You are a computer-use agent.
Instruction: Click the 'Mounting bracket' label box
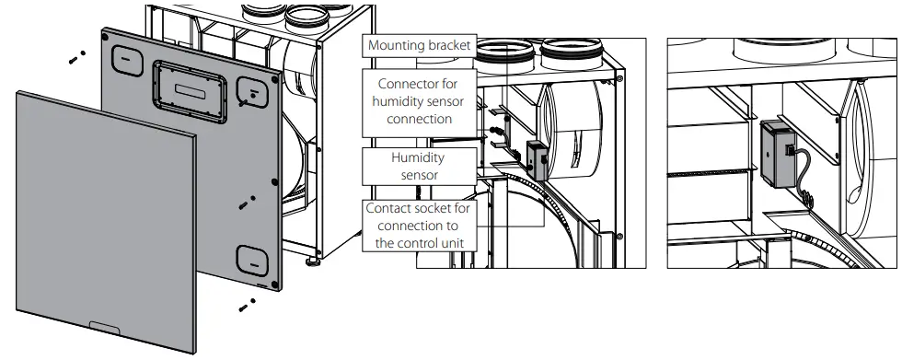tap(419, 45)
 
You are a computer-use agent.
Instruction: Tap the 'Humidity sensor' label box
tap(419, 165)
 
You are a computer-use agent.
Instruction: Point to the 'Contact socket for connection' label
tap(419, 226)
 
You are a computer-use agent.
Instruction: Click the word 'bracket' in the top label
tap(449, 45)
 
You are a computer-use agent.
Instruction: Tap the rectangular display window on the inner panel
tap(188, 91)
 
